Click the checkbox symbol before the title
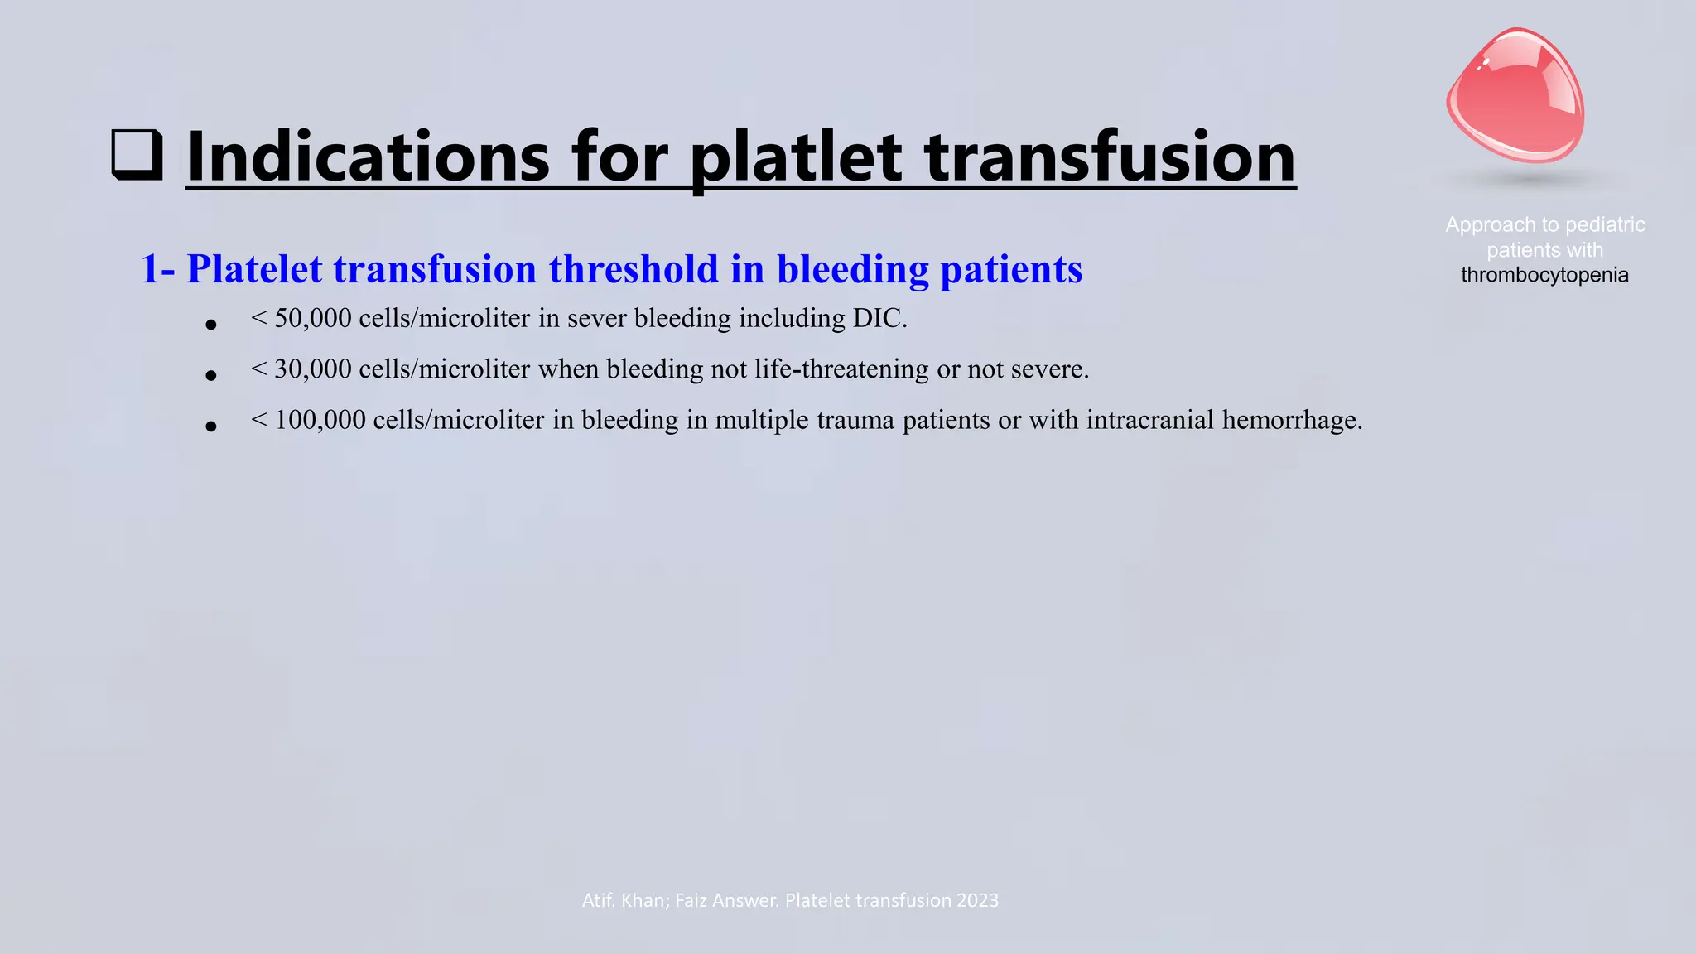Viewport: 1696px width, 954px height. point(137,155)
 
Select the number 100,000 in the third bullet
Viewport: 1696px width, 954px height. point(320,421)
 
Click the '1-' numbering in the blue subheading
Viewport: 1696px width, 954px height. point(157,269)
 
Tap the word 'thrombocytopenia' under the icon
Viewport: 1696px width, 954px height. point(1544,275)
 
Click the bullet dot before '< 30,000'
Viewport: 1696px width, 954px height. point(211,376)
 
